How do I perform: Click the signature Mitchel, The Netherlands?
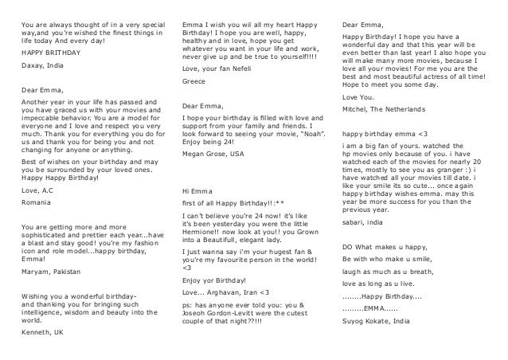pos(393,108)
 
